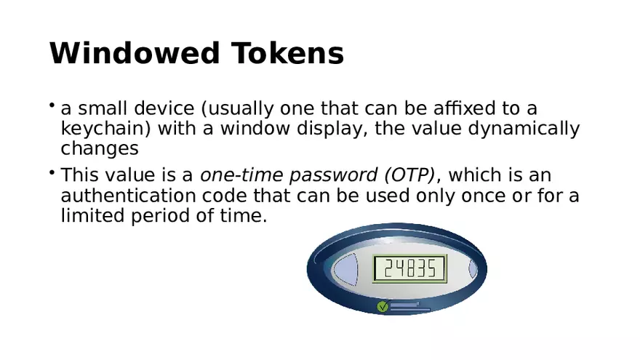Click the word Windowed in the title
coord(135,53)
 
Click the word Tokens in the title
coord(288,53)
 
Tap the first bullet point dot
coord(52,105)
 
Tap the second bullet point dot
coord(52,172)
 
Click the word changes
coord(100,148)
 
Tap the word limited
coord(92,215)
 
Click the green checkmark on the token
coord(383,306)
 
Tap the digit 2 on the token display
coord(388,268)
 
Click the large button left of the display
coord(345,269)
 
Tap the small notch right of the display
coord(473,269)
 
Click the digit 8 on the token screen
coord(409,268)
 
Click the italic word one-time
coord(241,175)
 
